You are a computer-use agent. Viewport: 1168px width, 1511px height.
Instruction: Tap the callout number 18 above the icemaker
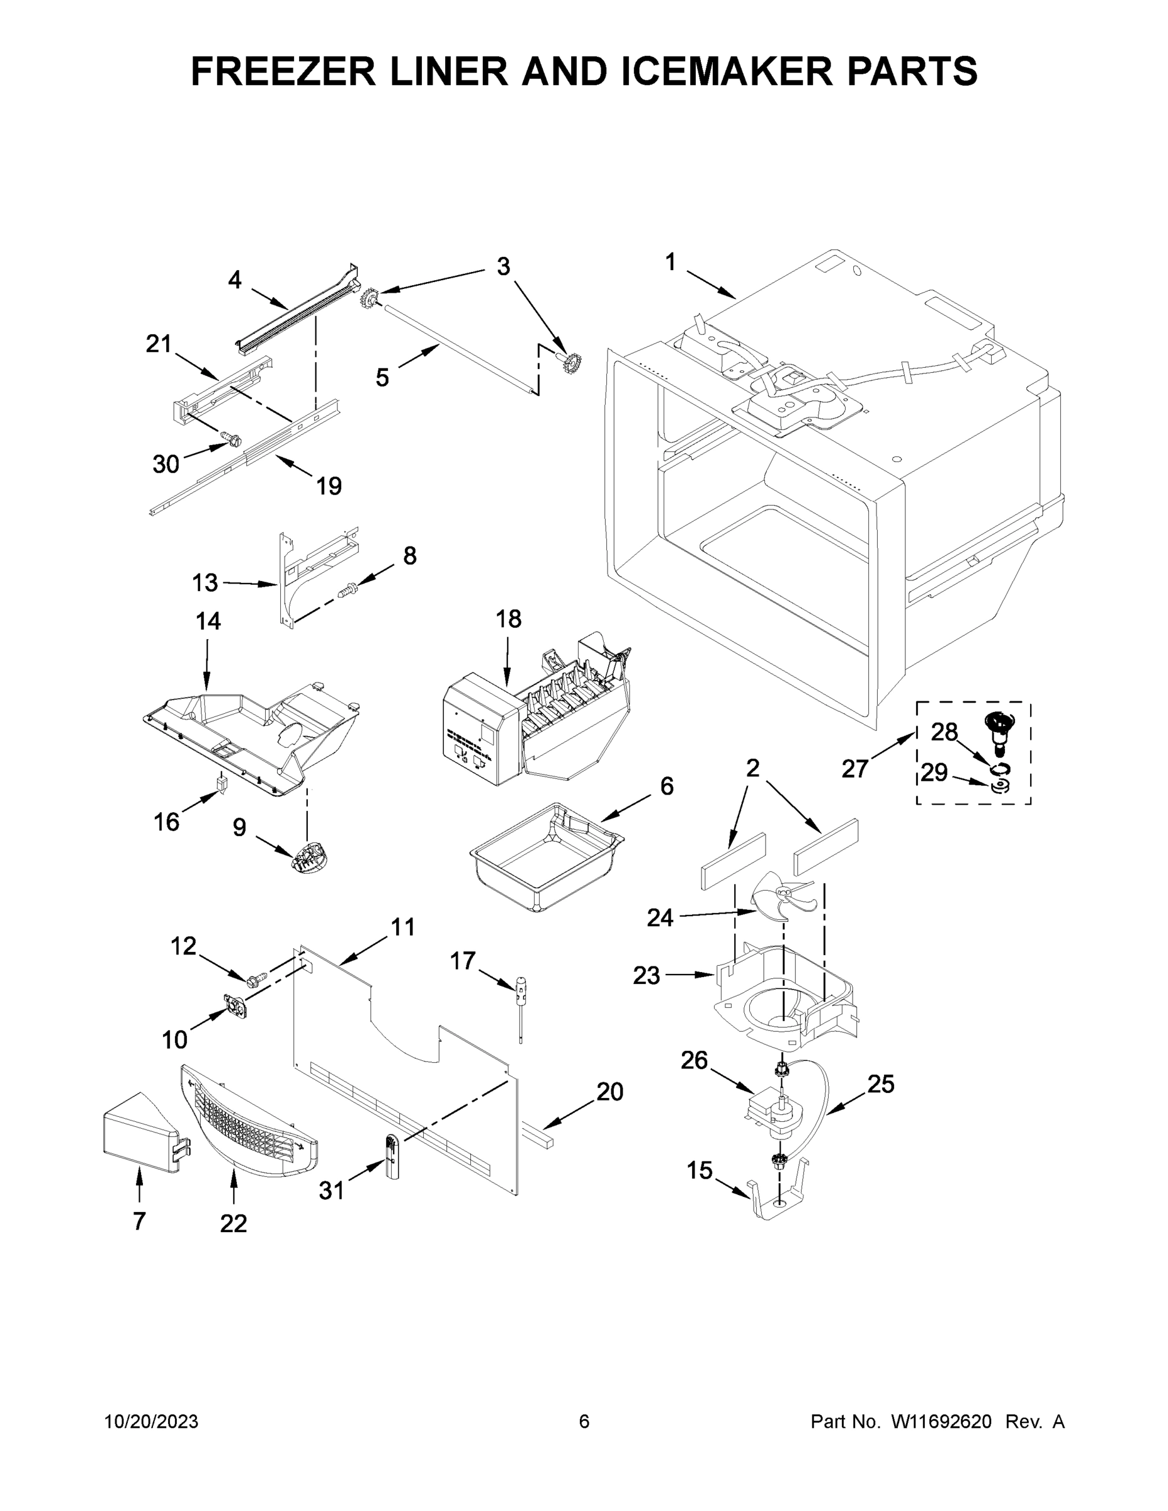point(508,618)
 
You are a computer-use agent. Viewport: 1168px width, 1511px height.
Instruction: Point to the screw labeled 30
point(232,439)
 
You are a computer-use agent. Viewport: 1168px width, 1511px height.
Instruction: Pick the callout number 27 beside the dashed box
point(854,768)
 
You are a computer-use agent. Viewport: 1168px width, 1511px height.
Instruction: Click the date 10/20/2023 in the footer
point(151,1421)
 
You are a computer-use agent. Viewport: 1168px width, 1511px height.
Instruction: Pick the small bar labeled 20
point(539,1136)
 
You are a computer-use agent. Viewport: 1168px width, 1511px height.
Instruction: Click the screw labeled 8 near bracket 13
point(348,590)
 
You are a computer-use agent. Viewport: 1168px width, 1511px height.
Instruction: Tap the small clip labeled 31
point(392,1157)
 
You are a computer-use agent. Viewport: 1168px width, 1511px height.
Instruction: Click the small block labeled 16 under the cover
point(222,783)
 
